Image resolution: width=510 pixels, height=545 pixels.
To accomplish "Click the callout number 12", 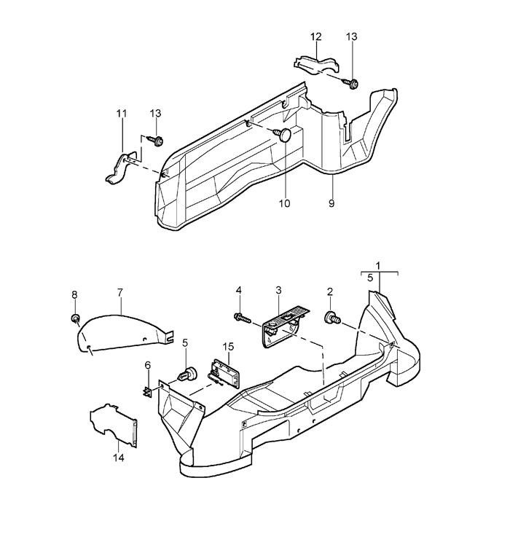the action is pyautogui.click(x=316, y=36).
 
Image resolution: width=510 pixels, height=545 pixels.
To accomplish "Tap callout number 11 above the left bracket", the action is pyautogui.click(x=122, y=114).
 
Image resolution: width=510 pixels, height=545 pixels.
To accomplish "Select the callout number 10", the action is pyautogui.click(x=284, y=203).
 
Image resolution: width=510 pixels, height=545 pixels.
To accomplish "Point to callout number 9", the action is pyautogui.click(x=331, y=203).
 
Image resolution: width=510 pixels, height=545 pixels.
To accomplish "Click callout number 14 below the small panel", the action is pyautogui.click(x=119, y=458).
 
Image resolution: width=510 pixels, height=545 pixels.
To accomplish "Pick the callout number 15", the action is pyautogui.click(x=228, y=347).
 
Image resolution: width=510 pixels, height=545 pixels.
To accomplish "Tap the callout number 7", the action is pyautogui.click(x=120, y=293).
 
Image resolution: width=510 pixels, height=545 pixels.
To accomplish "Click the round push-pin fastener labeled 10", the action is pyautogui.click(x=283, y=135).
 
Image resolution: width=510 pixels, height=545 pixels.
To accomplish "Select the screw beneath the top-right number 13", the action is pyautogui.click(x=351, y=84).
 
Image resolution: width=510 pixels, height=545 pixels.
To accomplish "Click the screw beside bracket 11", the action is pyautogui.click(x=156, y=141).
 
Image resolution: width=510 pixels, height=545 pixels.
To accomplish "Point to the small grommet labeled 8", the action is pyautogui.click(x=76, y=318).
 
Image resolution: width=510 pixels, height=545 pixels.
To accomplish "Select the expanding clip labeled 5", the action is pyautogui.click(x=188, y=375).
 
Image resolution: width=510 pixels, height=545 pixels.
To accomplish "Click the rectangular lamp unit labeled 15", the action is pyautogui.click(x=224, y=373).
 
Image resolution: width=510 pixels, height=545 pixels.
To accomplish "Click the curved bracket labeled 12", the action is pyautogui.click(x=316, y=65).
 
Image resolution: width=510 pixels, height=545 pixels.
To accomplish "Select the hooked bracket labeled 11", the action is pyautogui.click(x=120, y=168).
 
